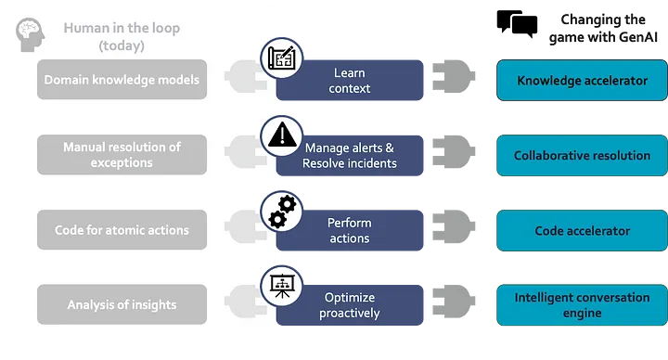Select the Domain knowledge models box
point(122,80)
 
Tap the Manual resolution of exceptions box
point(122,155)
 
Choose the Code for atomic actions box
point(122,230)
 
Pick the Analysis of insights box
point(122,304)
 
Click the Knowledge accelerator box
point(582,81)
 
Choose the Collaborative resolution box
point(582,156)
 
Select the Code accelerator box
point(582,231)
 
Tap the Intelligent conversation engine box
point(582,305)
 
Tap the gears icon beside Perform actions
point(279,211)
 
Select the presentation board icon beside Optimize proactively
point(279,284)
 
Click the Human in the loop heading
point(122,36)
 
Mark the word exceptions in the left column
point(122,162)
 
